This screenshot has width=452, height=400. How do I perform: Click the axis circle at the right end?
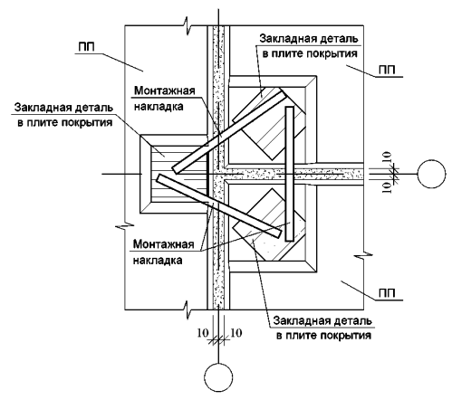coord(431,174)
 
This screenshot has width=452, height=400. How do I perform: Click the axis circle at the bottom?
coord(218,377)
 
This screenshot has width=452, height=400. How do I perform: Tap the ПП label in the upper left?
coord(87,47)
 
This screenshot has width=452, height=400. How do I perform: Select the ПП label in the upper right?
coord(387,70)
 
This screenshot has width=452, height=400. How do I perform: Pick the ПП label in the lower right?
coord(387,293)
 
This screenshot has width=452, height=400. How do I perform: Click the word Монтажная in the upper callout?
coord(165,90)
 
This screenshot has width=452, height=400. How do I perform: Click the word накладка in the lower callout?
coord(158,260)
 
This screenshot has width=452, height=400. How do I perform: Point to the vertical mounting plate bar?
coord(289,174)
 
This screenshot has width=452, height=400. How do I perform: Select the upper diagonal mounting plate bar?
coord(230,132)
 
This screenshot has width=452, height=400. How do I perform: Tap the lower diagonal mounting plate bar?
coord(219,205)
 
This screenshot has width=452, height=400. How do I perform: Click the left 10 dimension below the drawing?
coord(203,333)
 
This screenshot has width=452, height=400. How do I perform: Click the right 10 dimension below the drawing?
coord(236,333)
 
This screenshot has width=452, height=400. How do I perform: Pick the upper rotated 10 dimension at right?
coord(387,157)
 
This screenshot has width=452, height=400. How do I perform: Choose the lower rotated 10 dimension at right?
coord(387,187)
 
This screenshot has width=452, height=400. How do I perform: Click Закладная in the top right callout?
coord(285,39)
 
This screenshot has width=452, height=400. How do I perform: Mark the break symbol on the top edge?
coord(188,25)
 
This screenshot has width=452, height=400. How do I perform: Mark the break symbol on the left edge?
coord(125,225)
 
